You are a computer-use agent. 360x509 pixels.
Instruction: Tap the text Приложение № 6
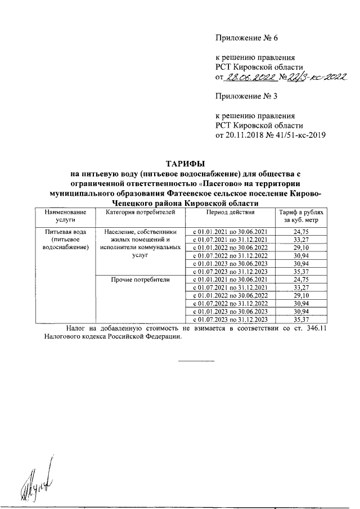click(x=247, y=38)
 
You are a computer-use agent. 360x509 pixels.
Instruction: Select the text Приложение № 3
click(x=247, y=96)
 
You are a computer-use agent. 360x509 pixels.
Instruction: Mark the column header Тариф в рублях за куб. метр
click(x=301, y=217)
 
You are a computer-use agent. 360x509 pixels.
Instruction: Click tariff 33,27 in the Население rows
click(x=301, y=240)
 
